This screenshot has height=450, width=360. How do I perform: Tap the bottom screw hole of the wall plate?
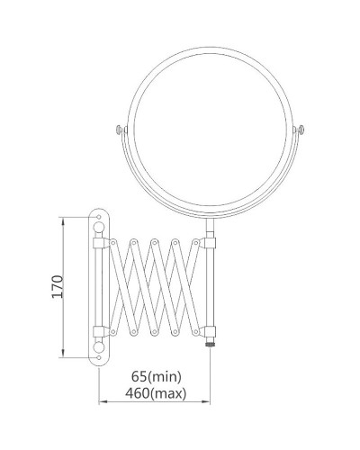pos(98,356)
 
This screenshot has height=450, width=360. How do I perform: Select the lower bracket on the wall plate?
pos(101,329)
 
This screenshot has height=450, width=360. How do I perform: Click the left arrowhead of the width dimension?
pos(100,403)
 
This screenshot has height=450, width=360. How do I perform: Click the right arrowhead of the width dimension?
pos(210,403)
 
